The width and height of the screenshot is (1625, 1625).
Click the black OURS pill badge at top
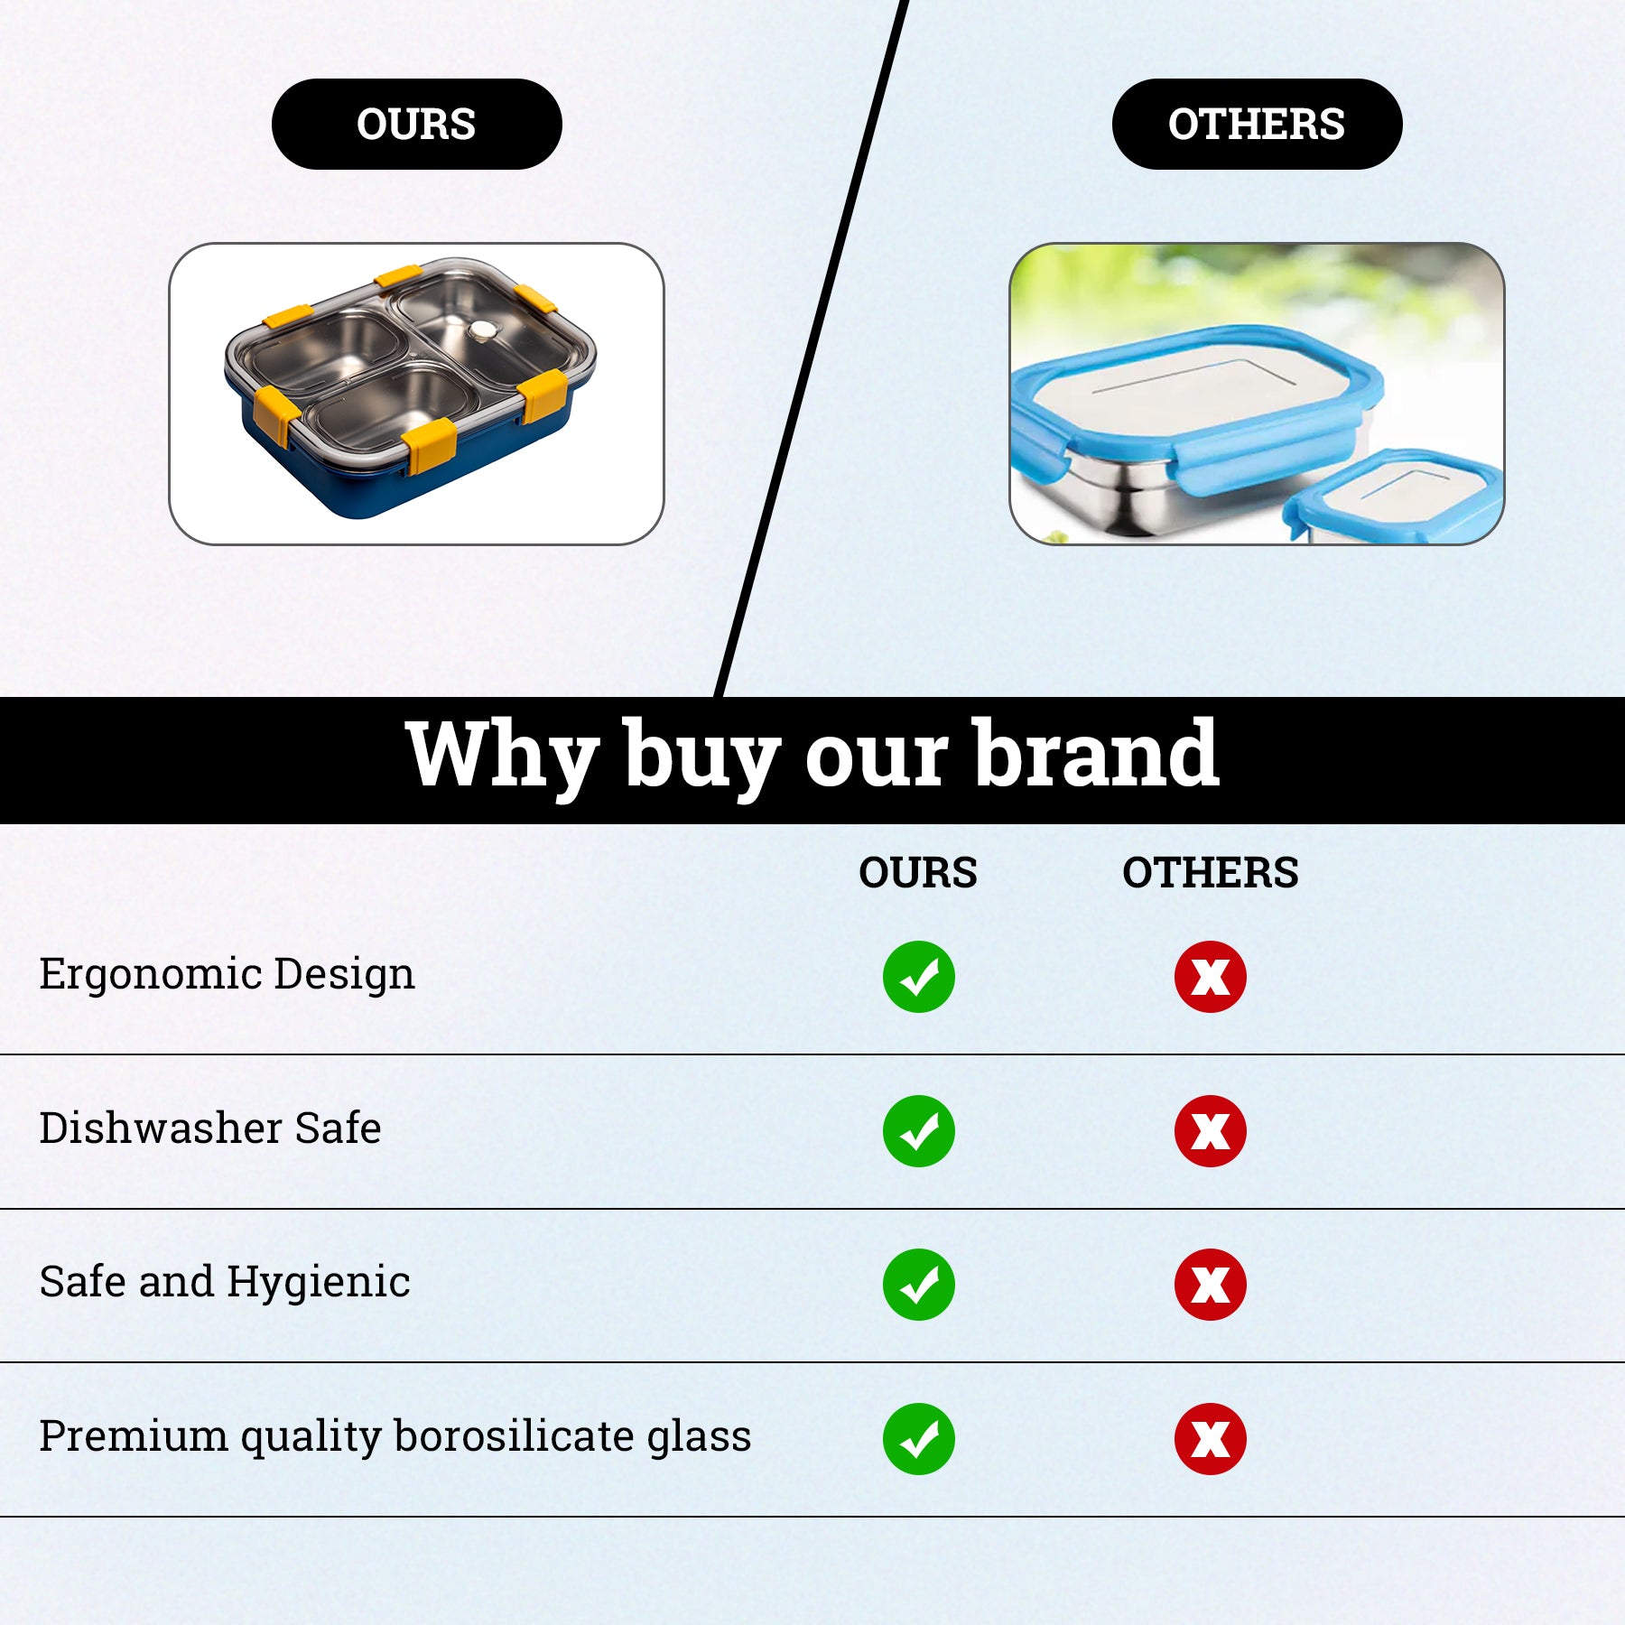tap(416, 124)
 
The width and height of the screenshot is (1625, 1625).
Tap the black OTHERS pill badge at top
tap(1257, 124)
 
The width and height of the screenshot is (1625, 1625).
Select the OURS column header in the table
tap(918, 873)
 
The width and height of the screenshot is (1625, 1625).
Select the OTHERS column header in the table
tap(1211, 873)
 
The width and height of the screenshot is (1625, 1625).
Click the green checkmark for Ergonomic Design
tap(919, 977)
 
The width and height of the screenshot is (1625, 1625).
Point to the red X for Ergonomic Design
tap(1211, 977)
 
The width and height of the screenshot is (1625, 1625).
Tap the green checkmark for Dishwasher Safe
tap(919, 1131)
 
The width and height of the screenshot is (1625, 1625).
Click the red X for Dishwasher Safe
tap(1211, 1131)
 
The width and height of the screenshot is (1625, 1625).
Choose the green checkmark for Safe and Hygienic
tap(919, 1285)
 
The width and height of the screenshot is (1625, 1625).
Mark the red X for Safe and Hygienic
tap(1211, 1285)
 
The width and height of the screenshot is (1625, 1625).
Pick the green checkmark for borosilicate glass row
tap(919, 1439)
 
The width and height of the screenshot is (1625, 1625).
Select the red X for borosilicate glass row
tap(1211, 1439)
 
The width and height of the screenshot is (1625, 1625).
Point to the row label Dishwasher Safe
tap(210, 1128)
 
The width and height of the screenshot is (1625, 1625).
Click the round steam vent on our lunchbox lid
tap(484, 331)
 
